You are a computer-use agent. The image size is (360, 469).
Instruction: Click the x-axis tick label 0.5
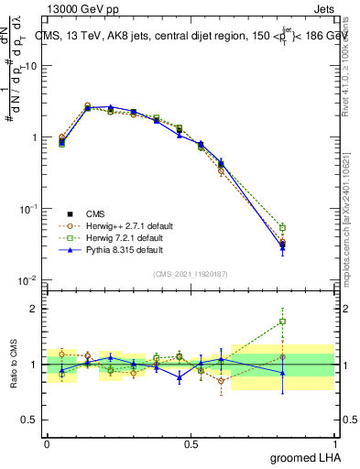point(191,442)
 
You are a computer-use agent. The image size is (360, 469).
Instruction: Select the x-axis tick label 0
point(47,442)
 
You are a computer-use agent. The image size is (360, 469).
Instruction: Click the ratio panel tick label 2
point(36,309)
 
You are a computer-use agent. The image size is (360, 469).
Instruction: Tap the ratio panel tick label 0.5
point(32,420)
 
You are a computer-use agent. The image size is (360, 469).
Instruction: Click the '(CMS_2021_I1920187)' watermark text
point(190,272)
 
